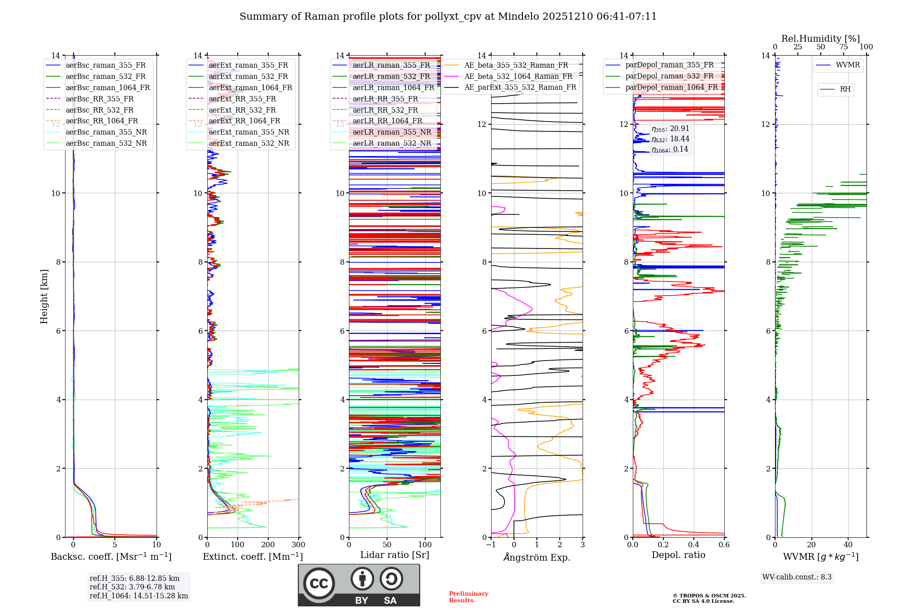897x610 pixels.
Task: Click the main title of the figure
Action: (448, 17)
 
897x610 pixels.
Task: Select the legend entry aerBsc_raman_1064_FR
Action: (108, 87)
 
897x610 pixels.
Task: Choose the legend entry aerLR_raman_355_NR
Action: (392, 132)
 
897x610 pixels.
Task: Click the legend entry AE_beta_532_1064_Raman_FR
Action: (518, 76)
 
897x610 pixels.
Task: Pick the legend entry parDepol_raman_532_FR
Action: (669, 76)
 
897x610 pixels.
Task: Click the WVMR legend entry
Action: (847, 65)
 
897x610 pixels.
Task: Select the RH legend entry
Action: (845, 89)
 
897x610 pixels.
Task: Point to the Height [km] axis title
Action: (44, 296)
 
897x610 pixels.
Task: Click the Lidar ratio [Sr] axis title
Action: (395, 555)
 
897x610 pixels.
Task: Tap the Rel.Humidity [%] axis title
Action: (820, 39)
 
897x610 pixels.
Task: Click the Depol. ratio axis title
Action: (678, 555)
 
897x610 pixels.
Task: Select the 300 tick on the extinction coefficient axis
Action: (298, 545)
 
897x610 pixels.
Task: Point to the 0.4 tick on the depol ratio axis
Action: (693, 545)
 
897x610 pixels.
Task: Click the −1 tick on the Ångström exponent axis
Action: (491, 545)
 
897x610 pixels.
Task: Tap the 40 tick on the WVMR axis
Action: (848, 545)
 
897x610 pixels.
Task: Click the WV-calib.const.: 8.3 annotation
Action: (797, 577)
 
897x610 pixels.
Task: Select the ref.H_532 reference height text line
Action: (132, 587)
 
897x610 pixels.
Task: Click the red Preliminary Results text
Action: (468, 597)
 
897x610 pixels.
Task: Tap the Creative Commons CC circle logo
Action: (319, 583)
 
